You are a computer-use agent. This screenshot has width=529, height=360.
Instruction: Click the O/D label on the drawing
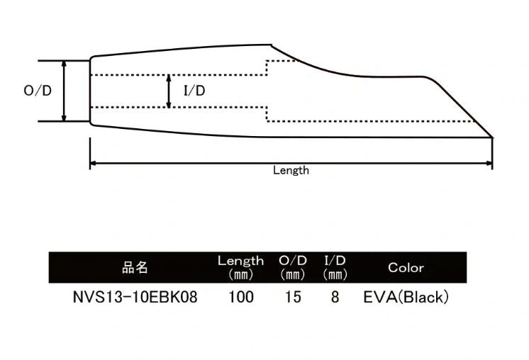click(38, 91)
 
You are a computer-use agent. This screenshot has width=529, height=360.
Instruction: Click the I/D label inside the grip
click(194, 91)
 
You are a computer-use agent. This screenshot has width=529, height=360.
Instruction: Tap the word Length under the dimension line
click(291, 170)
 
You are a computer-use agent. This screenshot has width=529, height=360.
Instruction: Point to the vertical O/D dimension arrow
click(65, 91)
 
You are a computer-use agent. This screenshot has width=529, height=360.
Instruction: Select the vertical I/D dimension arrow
click(168, 91)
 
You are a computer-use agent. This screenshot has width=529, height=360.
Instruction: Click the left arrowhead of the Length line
click(93, 164)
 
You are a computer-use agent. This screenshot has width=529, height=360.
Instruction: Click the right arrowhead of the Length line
click(490, 164)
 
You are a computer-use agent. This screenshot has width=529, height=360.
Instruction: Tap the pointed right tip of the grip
click(491, 135)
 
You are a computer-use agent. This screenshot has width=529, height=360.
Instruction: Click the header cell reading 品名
click(135, 267)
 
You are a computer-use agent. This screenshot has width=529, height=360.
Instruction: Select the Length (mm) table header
click(240, 267)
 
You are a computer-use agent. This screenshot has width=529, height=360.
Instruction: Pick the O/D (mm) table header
click(292, 267)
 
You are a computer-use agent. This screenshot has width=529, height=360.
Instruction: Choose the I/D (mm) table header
click(335, 267)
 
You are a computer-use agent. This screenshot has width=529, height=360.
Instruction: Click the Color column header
click(406, 267)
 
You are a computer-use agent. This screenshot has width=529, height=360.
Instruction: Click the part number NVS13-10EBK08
click(135, 298)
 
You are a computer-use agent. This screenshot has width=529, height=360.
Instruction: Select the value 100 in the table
click(241, 298)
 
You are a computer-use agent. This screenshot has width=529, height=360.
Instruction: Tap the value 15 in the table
click(292, 298)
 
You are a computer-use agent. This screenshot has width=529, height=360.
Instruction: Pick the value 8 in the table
click(335, 298)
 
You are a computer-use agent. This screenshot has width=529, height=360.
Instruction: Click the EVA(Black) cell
click(406, 298)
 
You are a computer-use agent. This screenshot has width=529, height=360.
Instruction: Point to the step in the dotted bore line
click(266, 68)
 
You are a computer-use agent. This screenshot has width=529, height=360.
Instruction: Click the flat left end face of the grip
click(90, 91)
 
